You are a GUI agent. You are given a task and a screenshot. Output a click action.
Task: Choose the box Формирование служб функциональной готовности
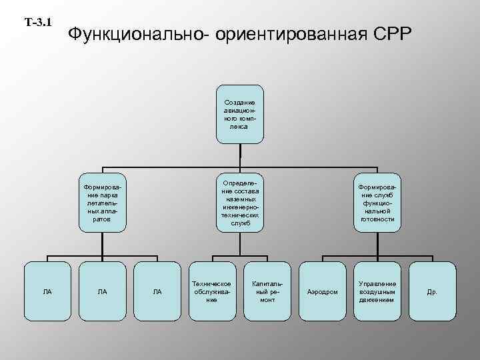point(378,204)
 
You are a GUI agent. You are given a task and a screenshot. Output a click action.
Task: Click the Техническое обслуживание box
point(212,292)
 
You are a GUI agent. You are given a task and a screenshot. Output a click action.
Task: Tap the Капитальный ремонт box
point(267,292)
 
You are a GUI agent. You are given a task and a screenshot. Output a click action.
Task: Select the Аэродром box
point(323,292)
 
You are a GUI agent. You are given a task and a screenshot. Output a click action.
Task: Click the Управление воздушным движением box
point(377,292)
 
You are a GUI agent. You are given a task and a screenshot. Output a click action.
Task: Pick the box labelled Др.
point(432,292)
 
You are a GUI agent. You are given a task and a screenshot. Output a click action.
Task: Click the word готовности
point(378,219)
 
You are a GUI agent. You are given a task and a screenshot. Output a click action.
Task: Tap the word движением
point(377,300)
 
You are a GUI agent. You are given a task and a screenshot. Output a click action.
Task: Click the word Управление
point(377,284)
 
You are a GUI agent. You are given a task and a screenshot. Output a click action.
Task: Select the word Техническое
point(212,284)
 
